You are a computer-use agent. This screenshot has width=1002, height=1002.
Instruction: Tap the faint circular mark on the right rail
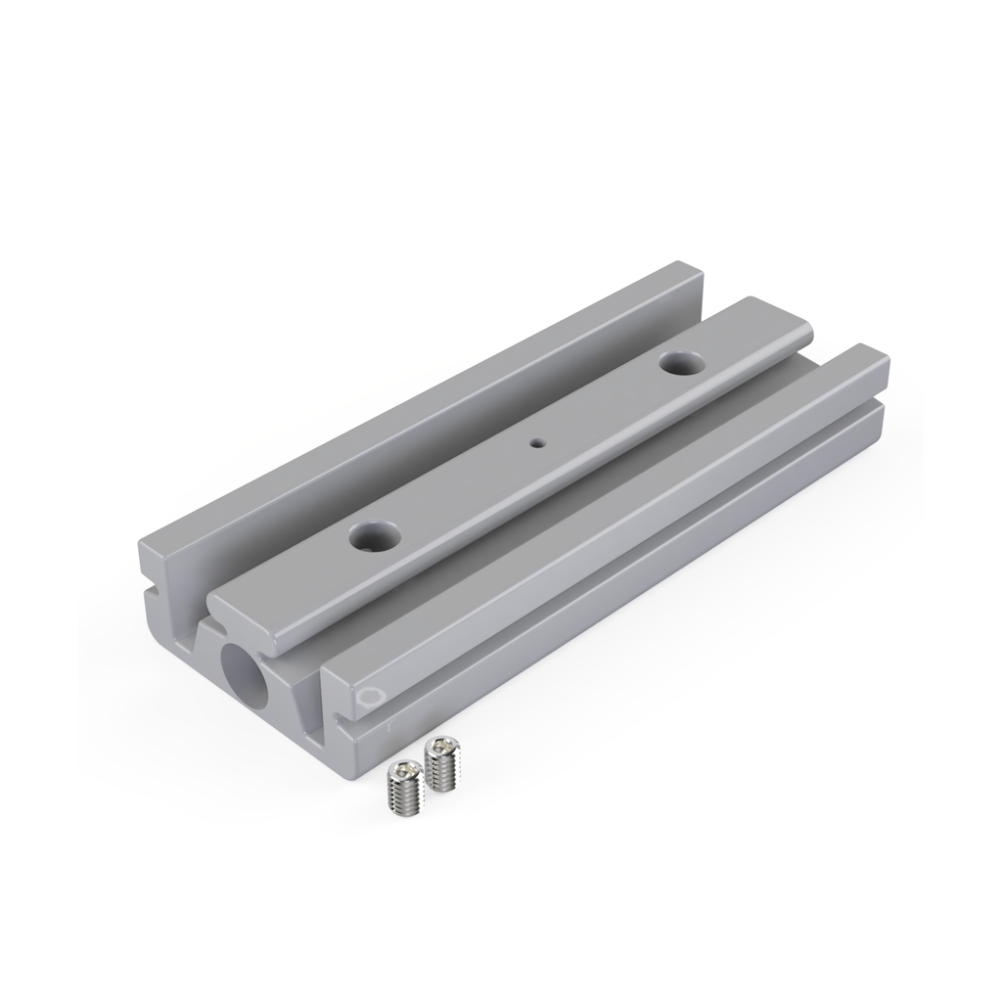pos(368,697)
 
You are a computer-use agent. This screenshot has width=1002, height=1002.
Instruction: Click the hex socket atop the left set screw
pos(400,772)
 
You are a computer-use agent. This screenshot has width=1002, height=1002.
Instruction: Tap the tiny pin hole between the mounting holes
pos(535,442)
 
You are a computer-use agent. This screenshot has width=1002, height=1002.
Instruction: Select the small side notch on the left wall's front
pos(154,591)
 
